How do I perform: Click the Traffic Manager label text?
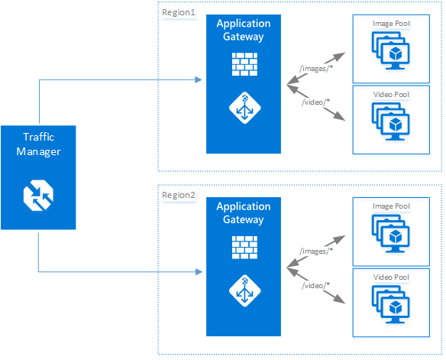pos(38,144)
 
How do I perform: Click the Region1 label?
pos(179,13)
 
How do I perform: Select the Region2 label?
pos(179,196)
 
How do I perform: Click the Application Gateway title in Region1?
pos(244,30)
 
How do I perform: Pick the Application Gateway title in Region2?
pos(244,213)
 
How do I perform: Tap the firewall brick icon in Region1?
pos(244,66)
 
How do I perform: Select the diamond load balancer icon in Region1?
pos(244,109)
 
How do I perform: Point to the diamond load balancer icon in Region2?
pos(244,291)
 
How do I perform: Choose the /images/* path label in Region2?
pos(315,250)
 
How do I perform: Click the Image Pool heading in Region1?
pos(391,24)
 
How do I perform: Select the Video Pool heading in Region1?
pos(391,94)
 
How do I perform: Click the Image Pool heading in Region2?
pos(391,206)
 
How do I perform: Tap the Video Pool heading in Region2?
pos(391,277)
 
